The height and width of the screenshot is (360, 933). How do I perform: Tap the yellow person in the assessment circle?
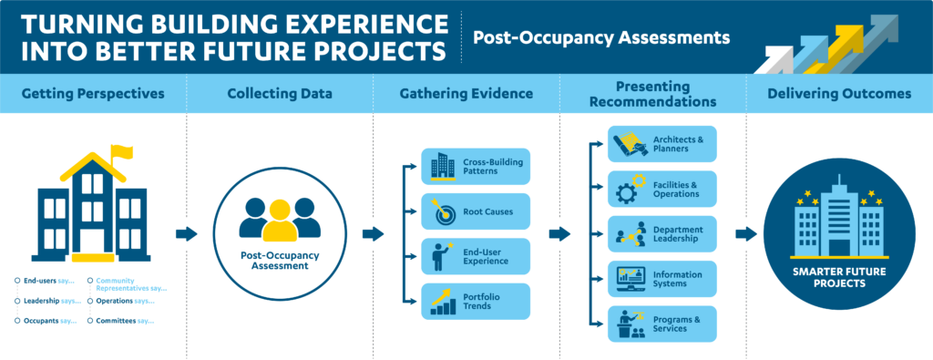pyautogui.click(x=280, y=221)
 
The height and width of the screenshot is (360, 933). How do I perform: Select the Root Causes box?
pyautogui.click(x=476, y=211)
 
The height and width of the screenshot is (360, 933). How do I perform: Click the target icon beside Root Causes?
pyautogui.click(x=443, y=211)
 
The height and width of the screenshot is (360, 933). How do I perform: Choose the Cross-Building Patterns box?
pyautogui.click(x=476, y=166)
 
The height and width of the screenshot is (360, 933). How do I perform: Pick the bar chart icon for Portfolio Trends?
pyautogui.click(x=444, y=302)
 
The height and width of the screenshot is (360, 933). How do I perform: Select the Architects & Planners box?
pyautogui.click(x=661, y=144)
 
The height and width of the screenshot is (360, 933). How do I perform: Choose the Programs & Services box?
pyautogui.click(x=661, y=324)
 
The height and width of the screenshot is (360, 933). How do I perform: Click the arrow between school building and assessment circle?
pyautogui.click(x=186, y=234)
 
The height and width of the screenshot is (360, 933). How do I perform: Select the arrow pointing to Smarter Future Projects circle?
pyautogui.click(x=746, y=234)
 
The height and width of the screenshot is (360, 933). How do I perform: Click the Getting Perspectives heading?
pyautogui.click(x=93, y=94)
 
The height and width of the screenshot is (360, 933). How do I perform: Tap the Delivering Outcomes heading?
pyautogui.click(x=839, y=94)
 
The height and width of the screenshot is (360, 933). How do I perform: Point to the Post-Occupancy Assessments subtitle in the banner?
pyautogui.click(x=601, y=38)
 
